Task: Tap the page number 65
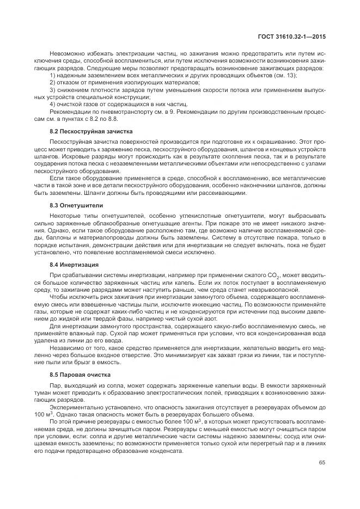click(x=322, y=463)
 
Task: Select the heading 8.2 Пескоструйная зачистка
click(x=87, y=132)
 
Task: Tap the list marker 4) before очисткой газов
click(x=52, y=103)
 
